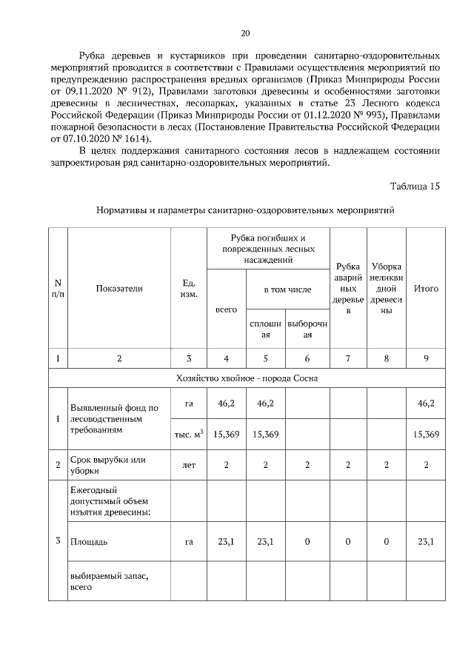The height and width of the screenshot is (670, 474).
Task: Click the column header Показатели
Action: tap(118, 288)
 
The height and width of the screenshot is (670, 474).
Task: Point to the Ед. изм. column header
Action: tap(188, 288)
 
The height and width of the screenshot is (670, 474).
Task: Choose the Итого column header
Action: tap(426, 288)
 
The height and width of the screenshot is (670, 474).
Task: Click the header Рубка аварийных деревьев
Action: tap(347, 288)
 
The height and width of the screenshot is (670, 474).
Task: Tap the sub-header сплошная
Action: tap(265, 329)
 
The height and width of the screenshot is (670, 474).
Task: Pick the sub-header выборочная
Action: tap(307, 329)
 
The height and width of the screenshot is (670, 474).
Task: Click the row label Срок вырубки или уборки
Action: tap(107, 464)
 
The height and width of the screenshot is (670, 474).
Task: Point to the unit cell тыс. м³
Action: tap(188, 434)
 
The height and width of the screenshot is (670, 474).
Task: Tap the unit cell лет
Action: tap(188, 464)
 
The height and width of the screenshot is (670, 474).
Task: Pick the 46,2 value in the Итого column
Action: tap(426, 403)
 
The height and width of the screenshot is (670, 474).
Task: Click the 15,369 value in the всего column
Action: tap(226, 434)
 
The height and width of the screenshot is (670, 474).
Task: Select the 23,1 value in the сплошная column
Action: tap(265, 542)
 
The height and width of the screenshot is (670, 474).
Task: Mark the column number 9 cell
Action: tap(426, 358)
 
